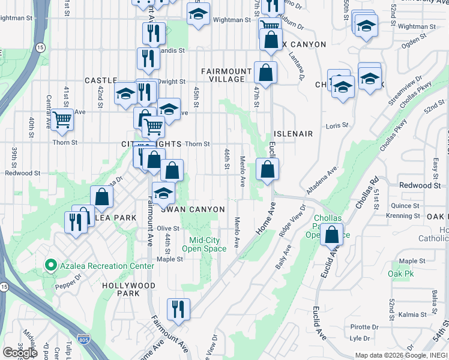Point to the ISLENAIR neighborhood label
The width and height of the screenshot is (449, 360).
coord(293,134)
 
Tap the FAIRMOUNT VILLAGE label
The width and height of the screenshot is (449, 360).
coord(223,75)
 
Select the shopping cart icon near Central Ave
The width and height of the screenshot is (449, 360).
coord(62,119)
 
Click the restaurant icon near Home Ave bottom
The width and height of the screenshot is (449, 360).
coord(178,309)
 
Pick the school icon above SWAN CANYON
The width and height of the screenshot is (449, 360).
coord(162,193)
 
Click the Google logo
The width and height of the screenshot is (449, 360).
coord(20,352)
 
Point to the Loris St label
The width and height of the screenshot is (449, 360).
coord(337,125)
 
